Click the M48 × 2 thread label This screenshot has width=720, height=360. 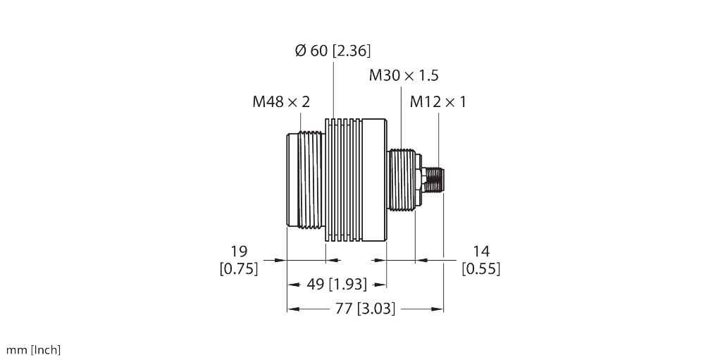click(x=281, y=102)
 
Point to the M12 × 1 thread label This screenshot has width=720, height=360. click(x=438, y=102)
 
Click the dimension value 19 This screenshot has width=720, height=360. click(x=240, y=252)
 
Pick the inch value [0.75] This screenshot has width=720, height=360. click(x=239, y=269)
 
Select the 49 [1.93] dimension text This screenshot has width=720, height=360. click(x=337, y=284)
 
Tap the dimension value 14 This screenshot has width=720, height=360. click(x=481, y=252)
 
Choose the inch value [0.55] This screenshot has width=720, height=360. click(x=481, y=269)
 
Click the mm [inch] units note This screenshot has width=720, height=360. click(x=33, y=350)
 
